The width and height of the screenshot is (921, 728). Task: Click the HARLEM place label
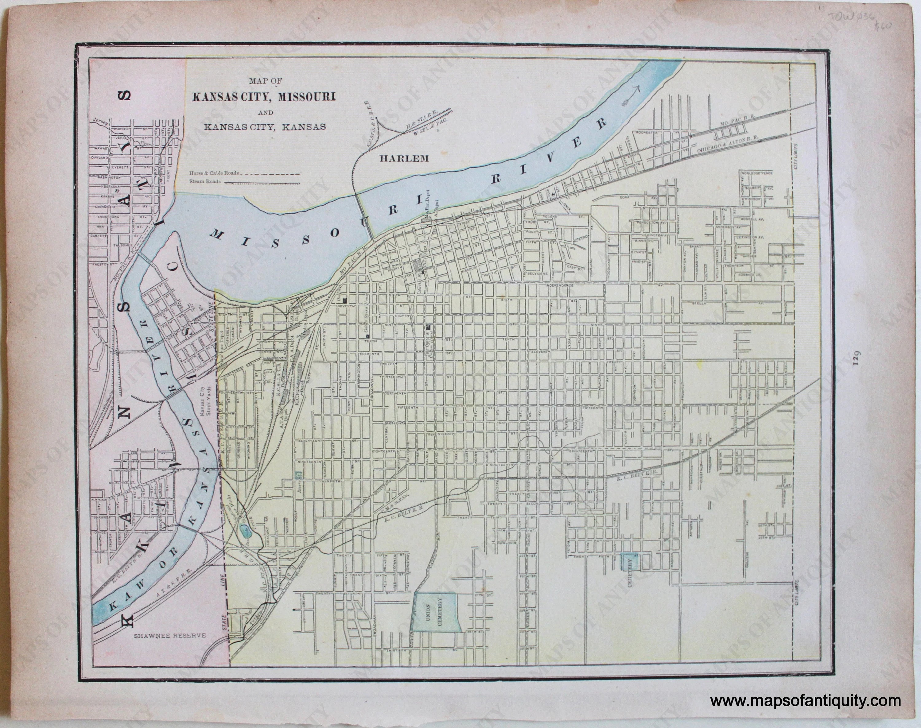click(404, 159)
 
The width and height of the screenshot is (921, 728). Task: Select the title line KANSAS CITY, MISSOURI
click(263, 97)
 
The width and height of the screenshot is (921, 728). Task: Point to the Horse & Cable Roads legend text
click(214, 173)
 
